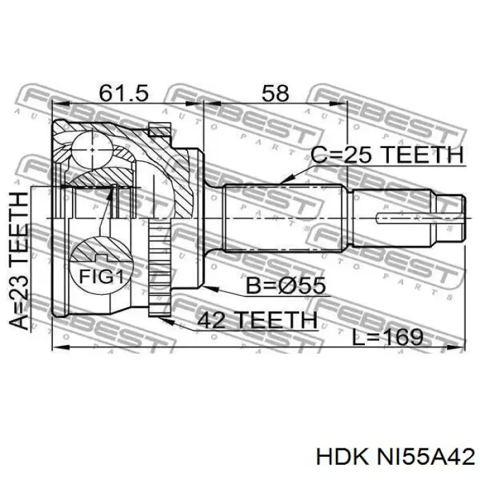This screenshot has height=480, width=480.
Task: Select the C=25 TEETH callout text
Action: (387, 154)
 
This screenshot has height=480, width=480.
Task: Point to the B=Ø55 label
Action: (286, 286)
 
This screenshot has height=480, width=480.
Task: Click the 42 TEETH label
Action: (257, 320)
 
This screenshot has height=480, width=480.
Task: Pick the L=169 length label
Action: (387, 337)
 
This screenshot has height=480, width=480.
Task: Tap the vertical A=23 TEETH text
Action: (19, 260)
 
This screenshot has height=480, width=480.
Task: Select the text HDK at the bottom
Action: (341, 457)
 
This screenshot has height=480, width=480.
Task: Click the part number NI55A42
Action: (426, 457)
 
